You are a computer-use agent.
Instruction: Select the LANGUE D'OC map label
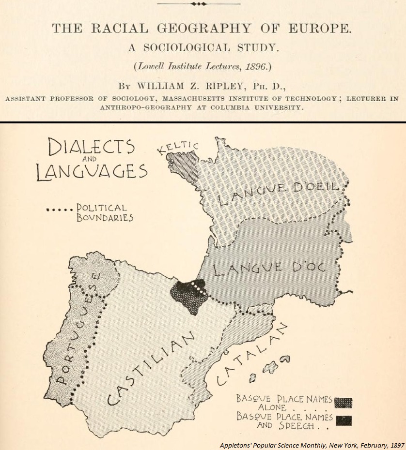[x=269, y=268]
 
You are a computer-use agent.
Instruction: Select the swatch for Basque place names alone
[x=343, y=403]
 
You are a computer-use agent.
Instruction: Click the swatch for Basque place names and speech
[x=344, y=420]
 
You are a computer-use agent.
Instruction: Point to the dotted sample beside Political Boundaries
[x=59, y=210]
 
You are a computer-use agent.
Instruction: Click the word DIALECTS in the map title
[x=91, y=147]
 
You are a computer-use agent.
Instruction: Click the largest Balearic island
[x=282, y=360]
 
